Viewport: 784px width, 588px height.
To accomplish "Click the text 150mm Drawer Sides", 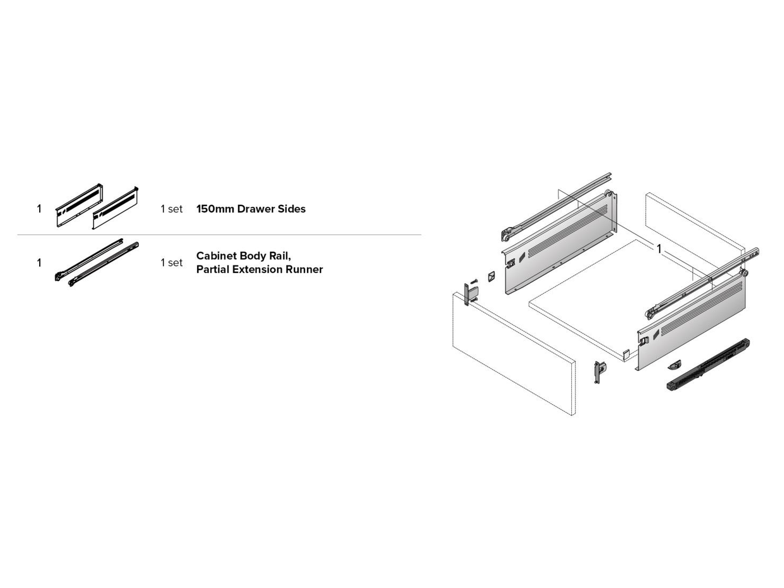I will [251, 209].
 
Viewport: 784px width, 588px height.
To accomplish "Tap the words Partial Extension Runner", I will [259, 270].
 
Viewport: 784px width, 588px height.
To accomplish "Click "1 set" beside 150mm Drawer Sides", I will [171, 209].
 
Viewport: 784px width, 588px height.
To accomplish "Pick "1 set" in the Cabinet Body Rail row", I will [171, 263].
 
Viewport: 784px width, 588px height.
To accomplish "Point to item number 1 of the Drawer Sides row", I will [39, 209].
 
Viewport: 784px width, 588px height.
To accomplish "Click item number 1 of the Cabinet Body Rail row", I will [39, 263].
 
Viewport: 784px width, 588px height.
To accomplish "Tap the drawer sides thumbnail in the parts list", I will [97, 206].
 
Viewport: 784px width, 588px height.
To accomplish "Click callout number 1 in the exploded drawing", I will [659, 248].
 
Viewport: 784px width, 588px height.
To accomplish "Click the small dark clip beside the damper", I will [675, 365].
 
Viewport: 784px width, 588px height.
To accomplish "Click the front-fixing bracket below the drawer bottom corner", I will [599, 372].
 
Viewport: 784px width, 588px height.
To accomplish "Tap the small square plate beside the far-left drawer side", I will [491, 276].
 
